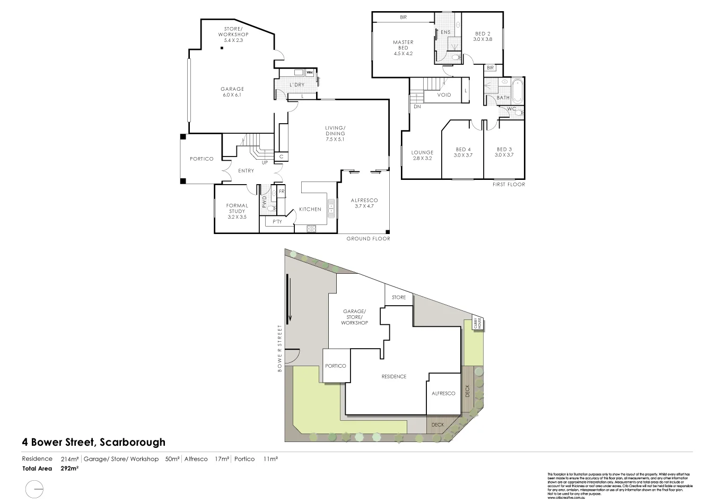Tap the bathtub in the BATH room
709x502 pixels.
click(x=518, y=90)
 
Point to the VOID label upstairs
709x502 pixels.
click(x=444, y=95)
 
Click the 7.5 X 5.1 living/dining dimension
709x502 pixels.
click(x=335, y=140)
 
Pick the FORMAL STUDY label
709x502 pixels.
click(x=237, y=209)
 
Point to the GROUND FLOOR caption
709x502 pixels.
click(x=368, y=239)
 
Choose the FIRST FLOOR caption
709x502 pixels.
click(x=507, y=185)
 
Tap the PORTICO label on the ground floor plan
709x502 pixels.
click(x=202, y=159)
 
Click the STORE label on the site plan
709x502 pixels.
click(x=399, y=298)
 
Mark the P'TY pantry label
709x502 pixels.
click(x=277, y=222)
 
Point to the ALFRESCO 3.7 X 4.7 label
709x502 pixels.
click(x=364, y=203)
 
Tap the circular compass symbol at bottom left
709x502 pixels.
click(x=34, y=488)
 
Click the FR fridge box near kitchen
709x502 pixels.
click(x=282, y=191)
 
